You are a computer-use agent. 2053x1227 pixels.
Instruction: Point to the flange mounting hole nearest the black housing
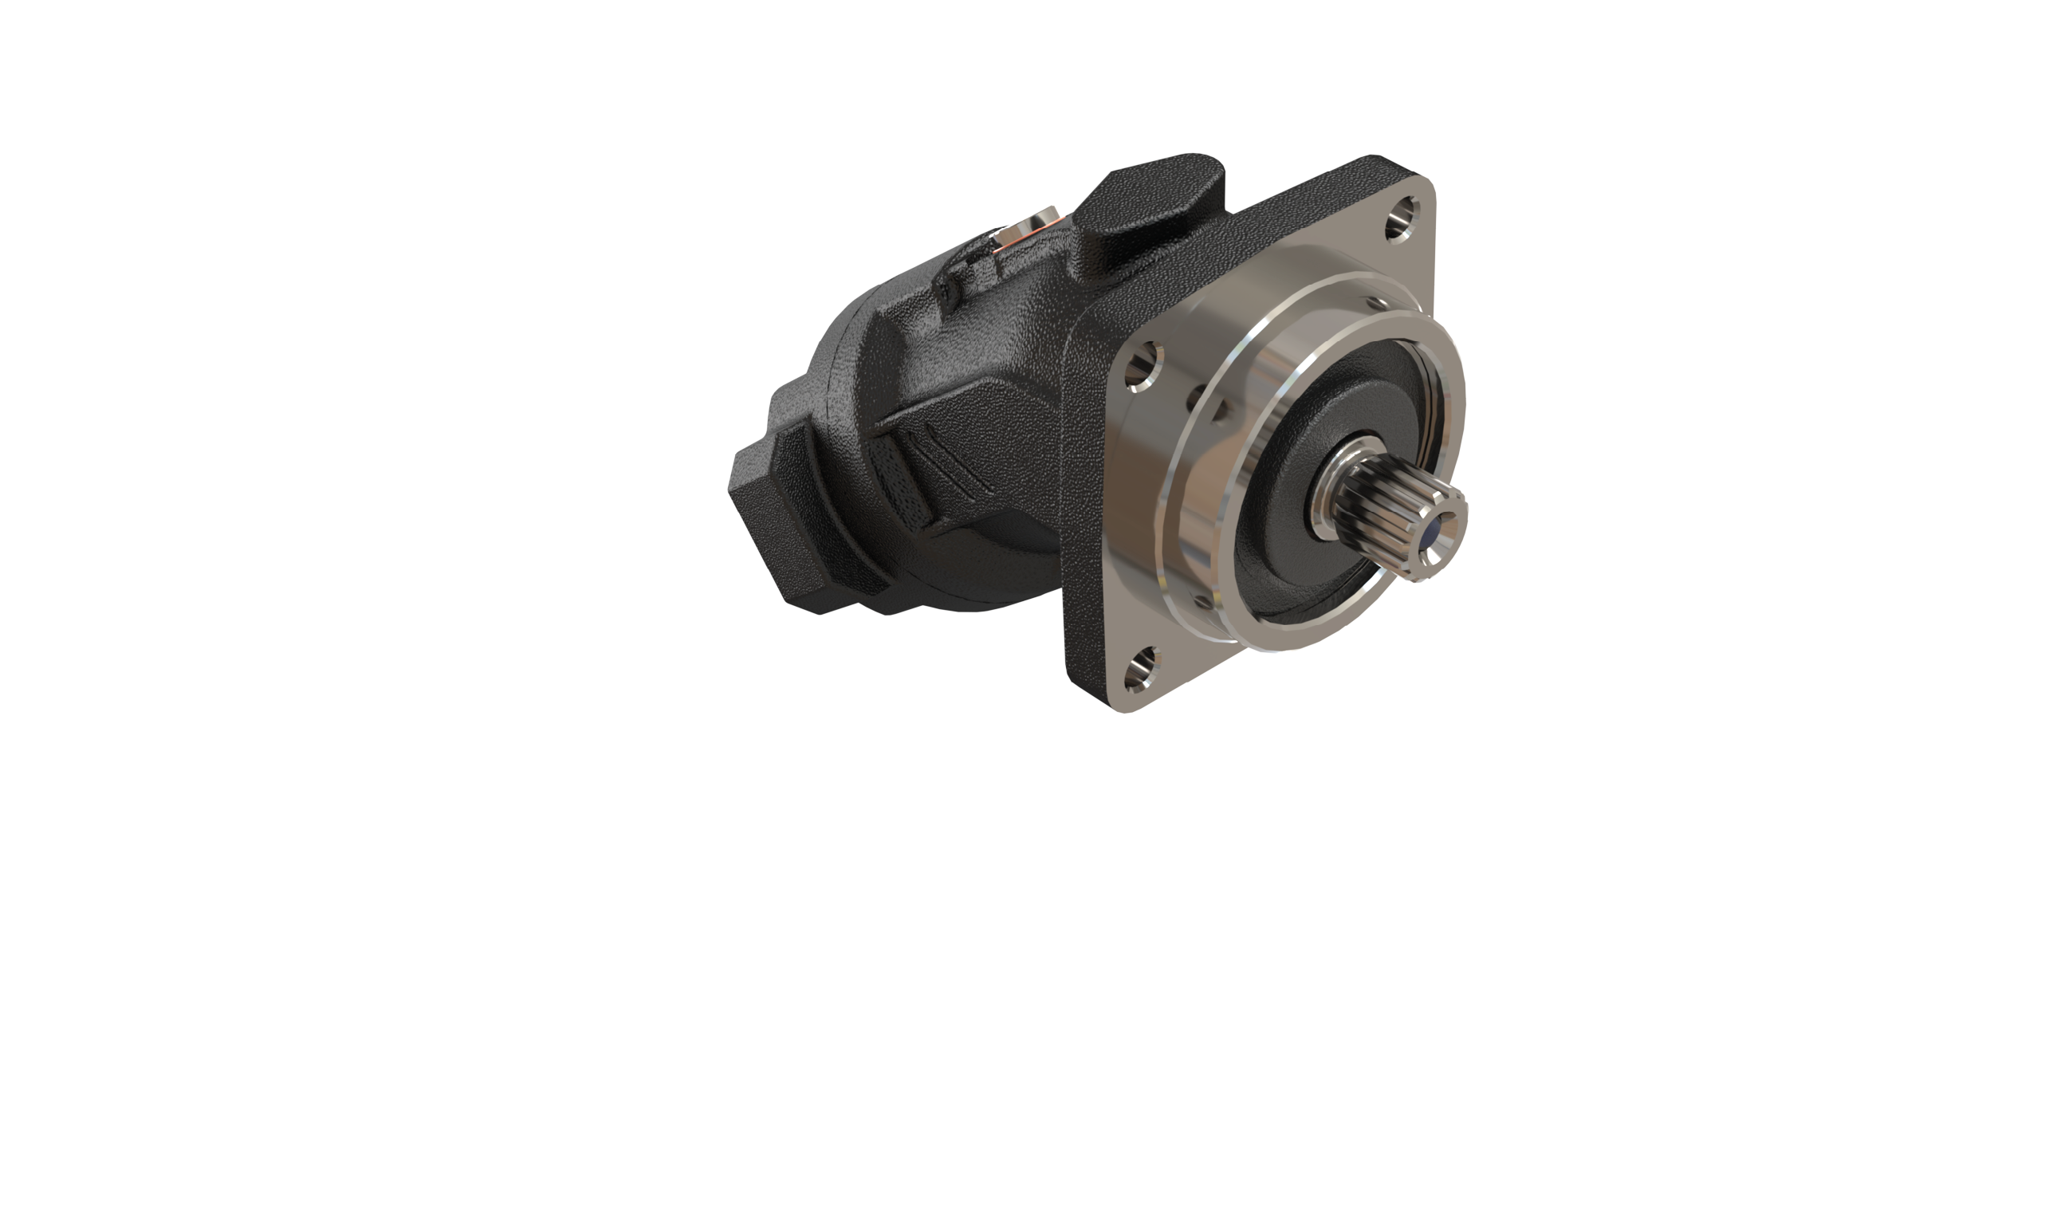1144,366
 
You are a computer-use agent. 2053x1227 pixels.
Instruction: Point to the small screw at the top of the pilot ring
1376,304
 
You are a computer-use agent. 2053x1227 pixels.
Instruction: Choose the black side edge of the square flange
1084,513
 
